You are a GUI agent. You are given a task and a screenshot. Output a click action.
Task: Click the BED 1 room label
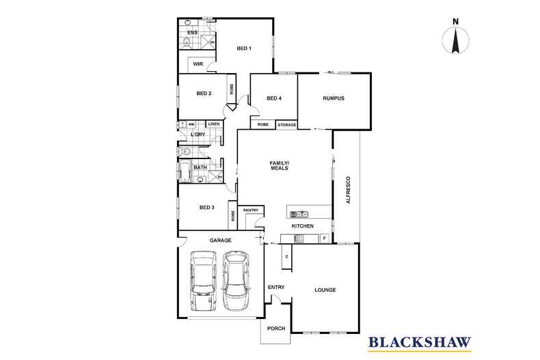pyautogui.click(x=244, y=49)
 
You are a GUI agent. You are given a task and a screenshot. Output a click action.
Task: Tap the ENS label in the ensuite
pyautogui.click(x=193, y=32)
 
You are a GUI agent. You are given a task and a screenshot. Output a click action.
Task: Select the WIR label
pyautogui.click(x=198, y=64)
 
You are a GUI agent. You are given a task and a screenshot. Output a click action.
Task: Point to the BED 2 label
pyautogui.click(x=204, y=94)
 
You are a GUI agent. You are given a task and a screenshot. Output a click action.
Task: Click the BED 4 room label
pyautogui.click(x=274, y=98)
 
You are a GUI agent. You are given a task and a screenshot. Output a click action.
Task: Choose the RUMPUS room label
pyautogui.click(x=333, y=98)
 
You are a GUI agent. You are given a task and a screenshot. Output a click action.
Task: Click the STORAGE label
pyautogui.click(x=287, y=125)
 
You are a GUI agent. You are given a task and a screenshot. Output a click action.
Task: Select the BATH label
pyautogui.click(x=200, y=167)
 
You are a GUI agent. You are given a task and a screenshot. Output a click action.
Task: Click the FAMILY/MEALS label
pyautogui.click(x=279, y=165)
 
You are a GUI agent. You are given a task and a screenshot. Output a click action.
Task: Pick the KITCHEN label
pyautogui.click(x=302, y=225)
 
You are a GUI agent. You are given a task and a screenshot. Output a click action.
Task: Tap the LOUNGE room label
pyautogui.click(x=325, y=290)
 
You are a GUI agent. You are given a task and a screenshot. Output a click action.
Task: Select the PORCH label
pyautogui.click(x=275, y=329)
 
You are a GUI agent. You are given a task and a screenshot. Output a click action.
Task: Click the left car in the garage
pyautogui.click(x=203, y=280)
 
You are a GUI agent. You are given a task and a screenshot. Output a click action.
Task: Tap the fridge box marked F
pyautogui.click(x=324, y=238)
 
